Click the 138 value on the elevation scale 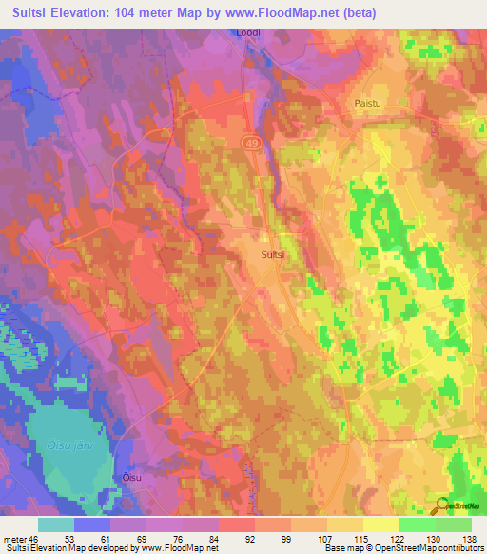470,540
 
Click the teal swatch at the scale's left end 56,525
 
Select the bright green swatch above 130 418,525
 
